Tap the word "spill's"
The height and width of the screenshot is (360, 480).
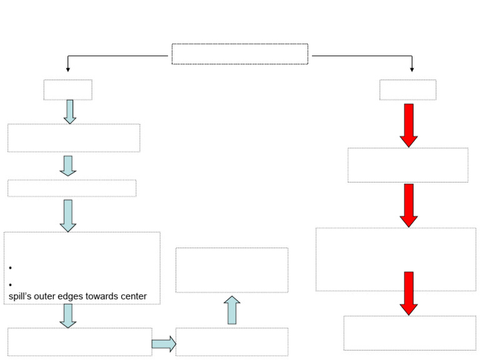(21, 296)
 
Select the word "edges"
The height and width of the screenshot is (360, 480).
(71, 296)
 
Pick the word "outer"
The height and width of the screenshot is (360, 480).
(47, 296)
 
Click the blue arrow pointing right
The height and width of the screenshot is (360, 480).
(164, 344)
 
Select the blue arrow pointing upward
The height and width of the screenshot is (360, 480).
(232, 310)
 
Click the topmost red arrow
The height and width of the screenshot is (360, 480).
(409, 125)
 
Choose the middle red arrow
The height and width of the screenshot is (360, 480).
(409, 205)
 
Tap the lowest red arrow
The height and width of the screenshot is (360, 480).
(409, 293)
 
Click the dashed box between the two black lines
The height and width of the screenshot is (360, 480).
(240, 54)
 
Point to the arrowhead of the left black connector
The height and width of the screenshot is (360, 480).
(68, 69)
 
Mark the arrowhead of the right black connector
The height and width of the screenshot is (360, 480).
(412, 69)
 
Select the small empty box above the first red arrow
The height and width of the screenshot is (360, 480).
(407, 90)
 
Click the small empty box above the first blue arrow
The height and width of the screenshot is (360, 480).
(67, 90)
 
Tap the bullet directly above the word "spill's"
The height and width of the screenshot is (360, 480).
(11, 284)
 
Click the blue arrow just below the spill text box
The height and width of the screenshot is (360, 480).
(68, 316)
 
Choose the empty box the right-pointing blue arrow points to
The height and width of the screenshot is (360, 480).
(232, 342)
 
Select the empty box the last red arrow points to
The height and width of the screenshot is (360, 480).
(409, 332)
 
